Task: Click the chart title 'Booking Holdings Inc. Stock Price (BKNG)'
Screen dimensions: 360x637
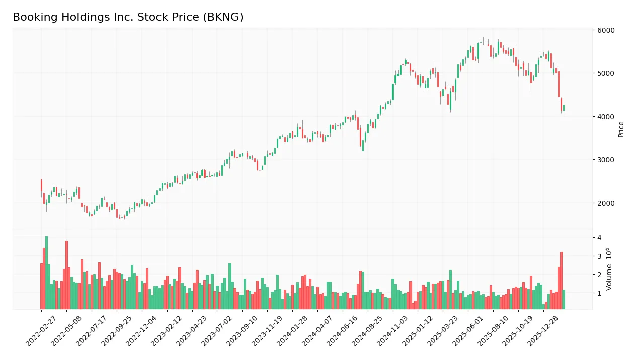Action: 128,17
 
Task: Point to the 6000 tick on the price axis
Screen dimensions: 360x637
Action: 606,30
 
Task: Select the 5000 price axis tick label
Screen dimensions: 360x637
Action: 606,73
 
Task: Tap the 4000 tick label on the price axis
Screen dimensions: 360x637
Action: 606,117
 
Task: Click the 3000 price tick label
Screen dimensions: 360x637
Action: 606,160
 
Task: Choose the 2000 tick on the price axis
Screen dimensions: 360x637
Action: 606,203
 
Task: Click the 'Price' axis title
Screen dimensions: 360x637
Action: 621,129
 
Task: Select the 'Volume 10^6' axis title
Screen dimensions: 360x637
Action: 609,269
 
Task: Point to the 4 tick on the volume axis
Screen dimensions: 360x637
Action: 599,238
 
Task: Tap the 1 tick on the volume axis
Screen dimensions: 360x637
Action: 599,293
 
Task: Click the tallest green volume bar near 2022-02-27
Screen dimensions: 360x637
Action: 46,273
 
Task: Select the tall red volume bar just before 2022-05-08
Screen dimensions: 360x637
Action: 66,275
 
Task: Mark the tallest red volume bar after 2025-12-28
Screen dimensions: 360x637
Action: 561,281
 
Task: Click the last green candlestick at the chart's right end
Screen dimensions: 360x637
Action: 564,108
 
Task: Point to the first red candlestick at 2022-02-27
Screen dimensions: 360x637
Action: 41,185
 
